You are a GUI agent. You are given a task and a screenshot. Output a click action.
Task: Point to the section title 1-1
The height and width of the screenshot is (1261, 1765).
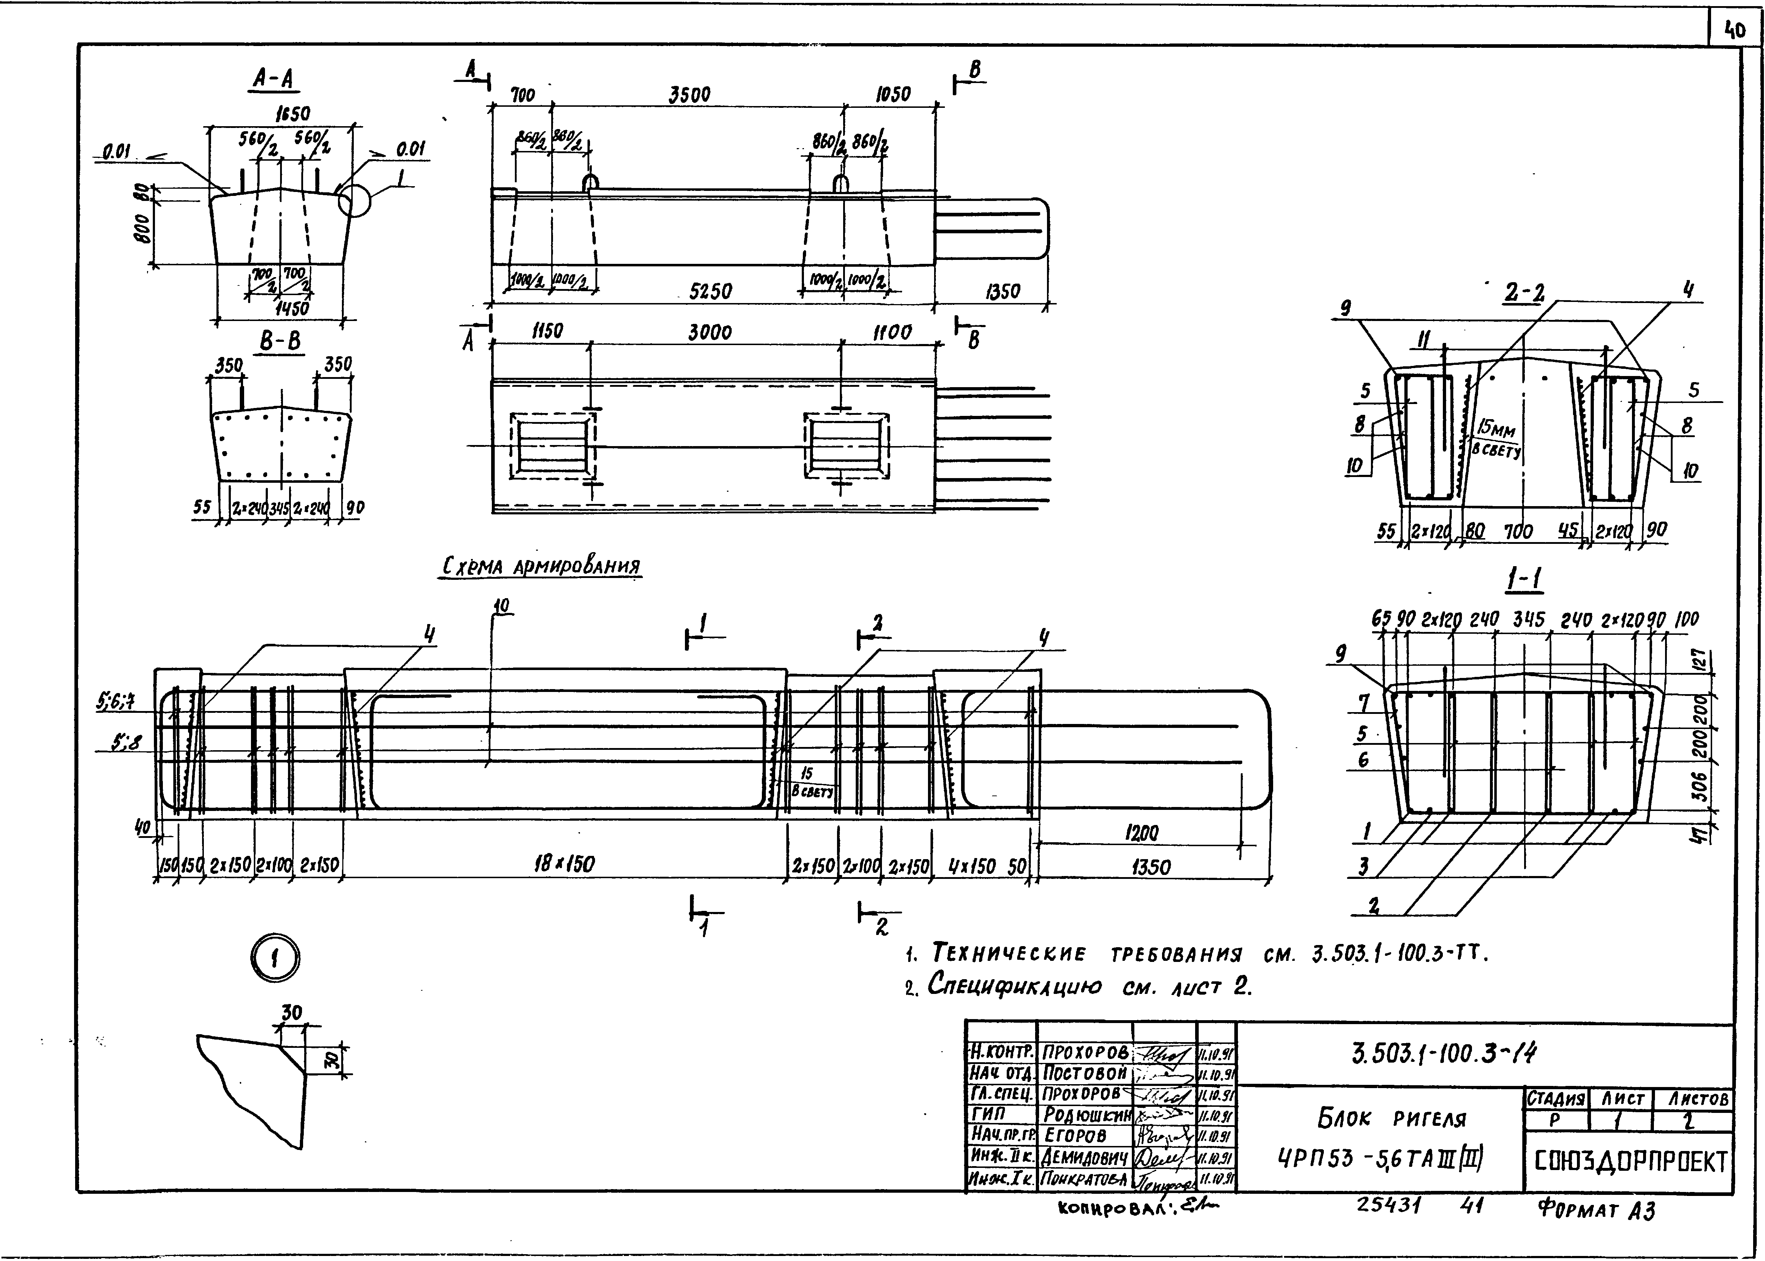1524,579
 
